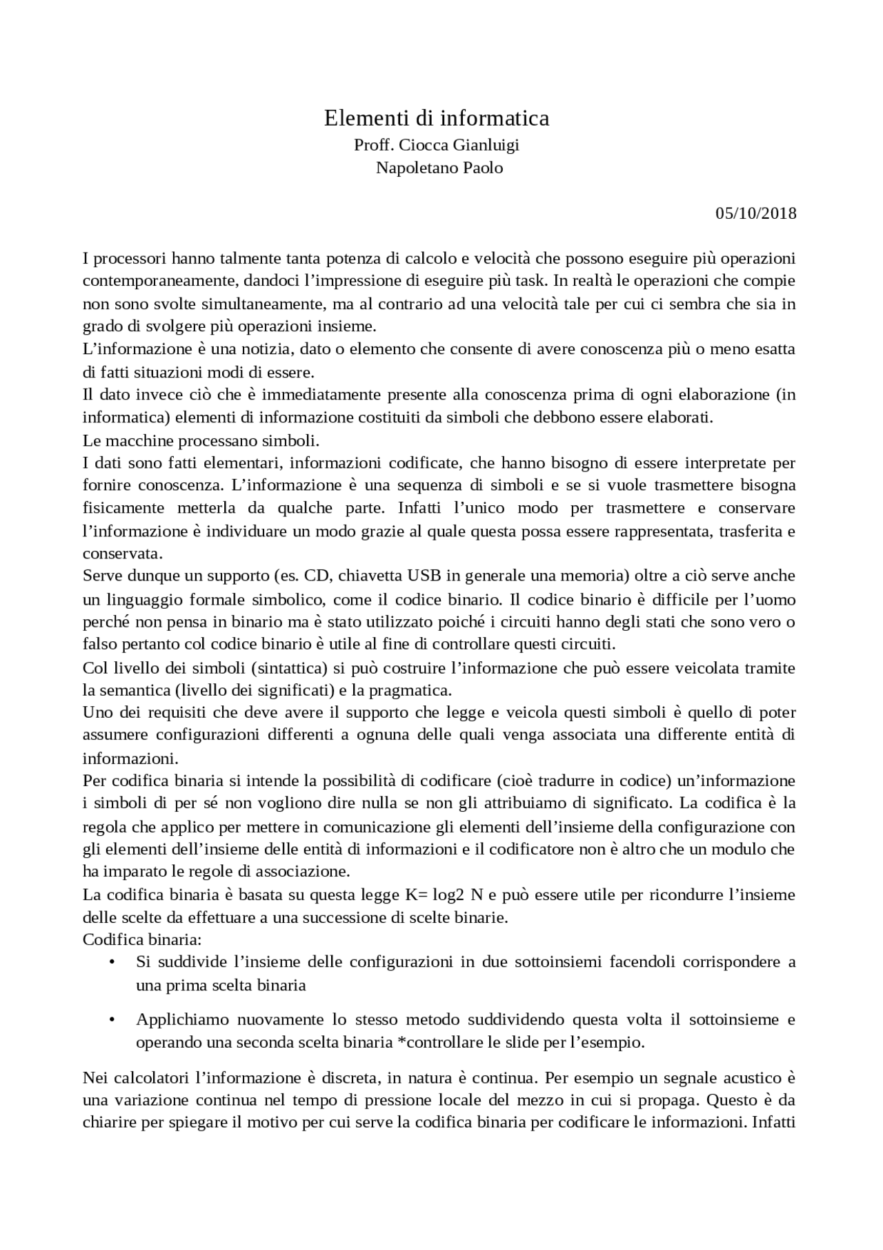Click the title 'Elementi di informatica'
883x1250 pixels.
pos(437,119)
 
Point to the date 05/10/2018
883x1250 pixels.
pos(755,213)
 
